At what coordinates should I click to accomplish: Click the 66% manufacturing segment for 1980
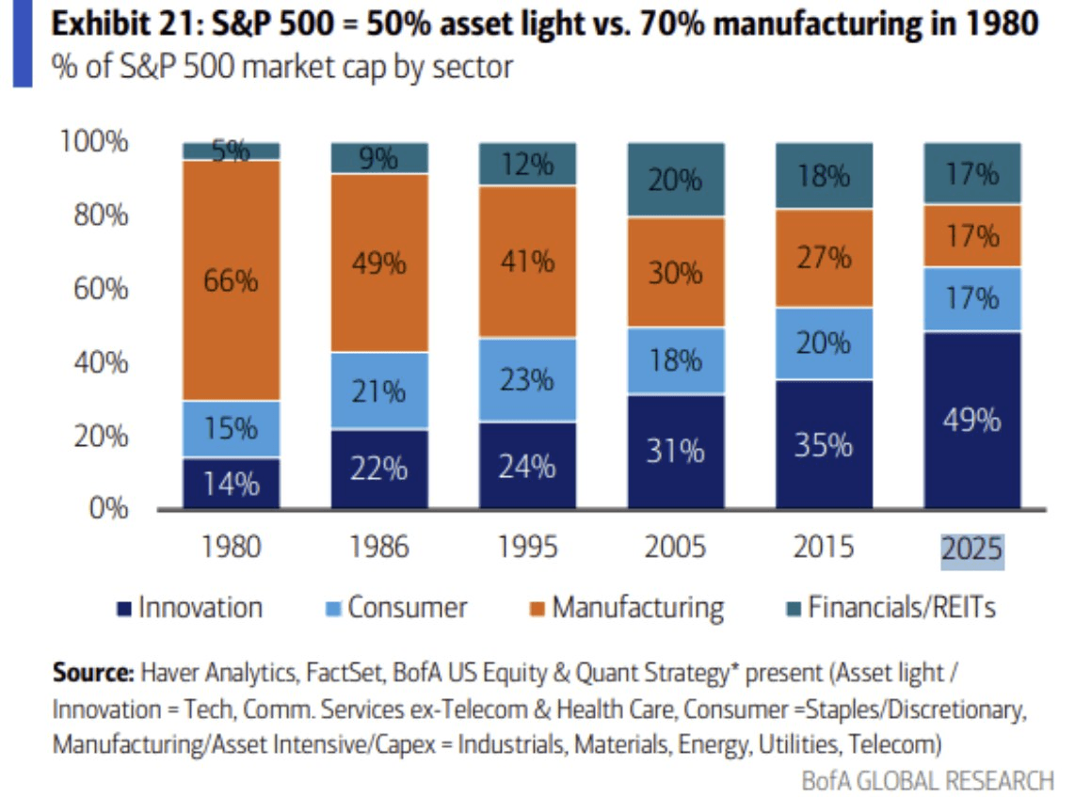pos(232,280)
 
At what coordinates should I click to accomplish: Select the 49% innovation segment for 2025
pos(972,420)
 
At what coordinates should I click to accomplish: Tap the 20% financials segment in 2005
pos(676,180)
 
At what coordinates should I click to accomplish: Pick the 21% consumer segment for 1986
pos(379,390)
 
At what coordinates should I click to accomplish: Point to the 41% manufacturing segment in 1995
pos(527,261)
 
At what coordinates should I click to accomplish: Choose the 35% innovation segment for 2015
pos(824,444)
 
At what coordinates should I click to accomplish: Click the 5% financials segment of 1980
pos(232,151)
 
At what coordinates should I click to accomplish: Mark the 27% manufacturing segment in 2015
pos(824,258)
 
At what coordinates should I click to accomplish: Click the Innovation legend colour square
pos(122,608)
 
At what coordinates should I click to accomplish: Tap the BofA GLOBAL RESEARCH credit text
pos(927,780)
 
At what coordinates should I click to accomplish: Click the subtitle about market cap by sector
pos(282,68)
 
